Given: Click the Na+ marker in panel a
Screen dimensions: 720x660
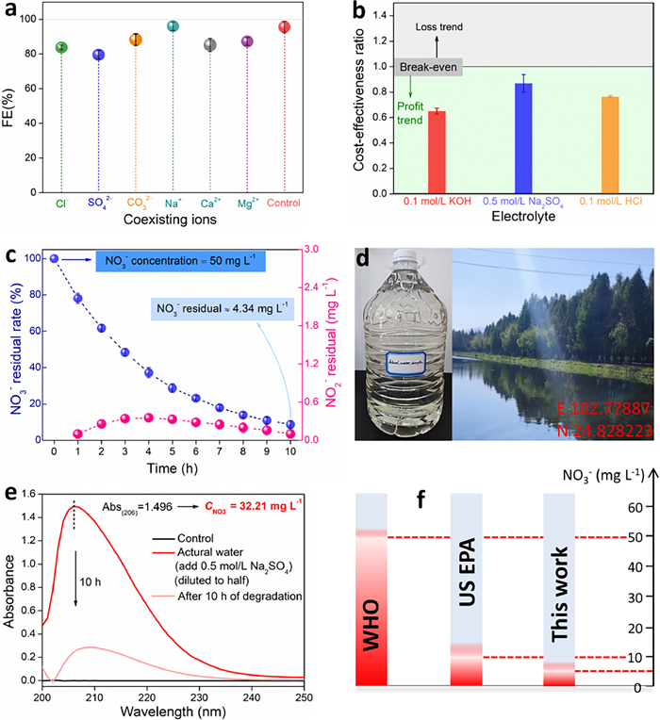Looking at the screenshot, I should [x=173, y=26].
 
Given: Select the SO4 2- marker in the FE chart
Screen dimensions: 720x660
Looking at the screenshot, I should [x=98, y=55].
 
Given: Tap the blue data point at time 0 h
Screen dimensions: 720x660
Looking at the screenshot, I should [x=55, y=258].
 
